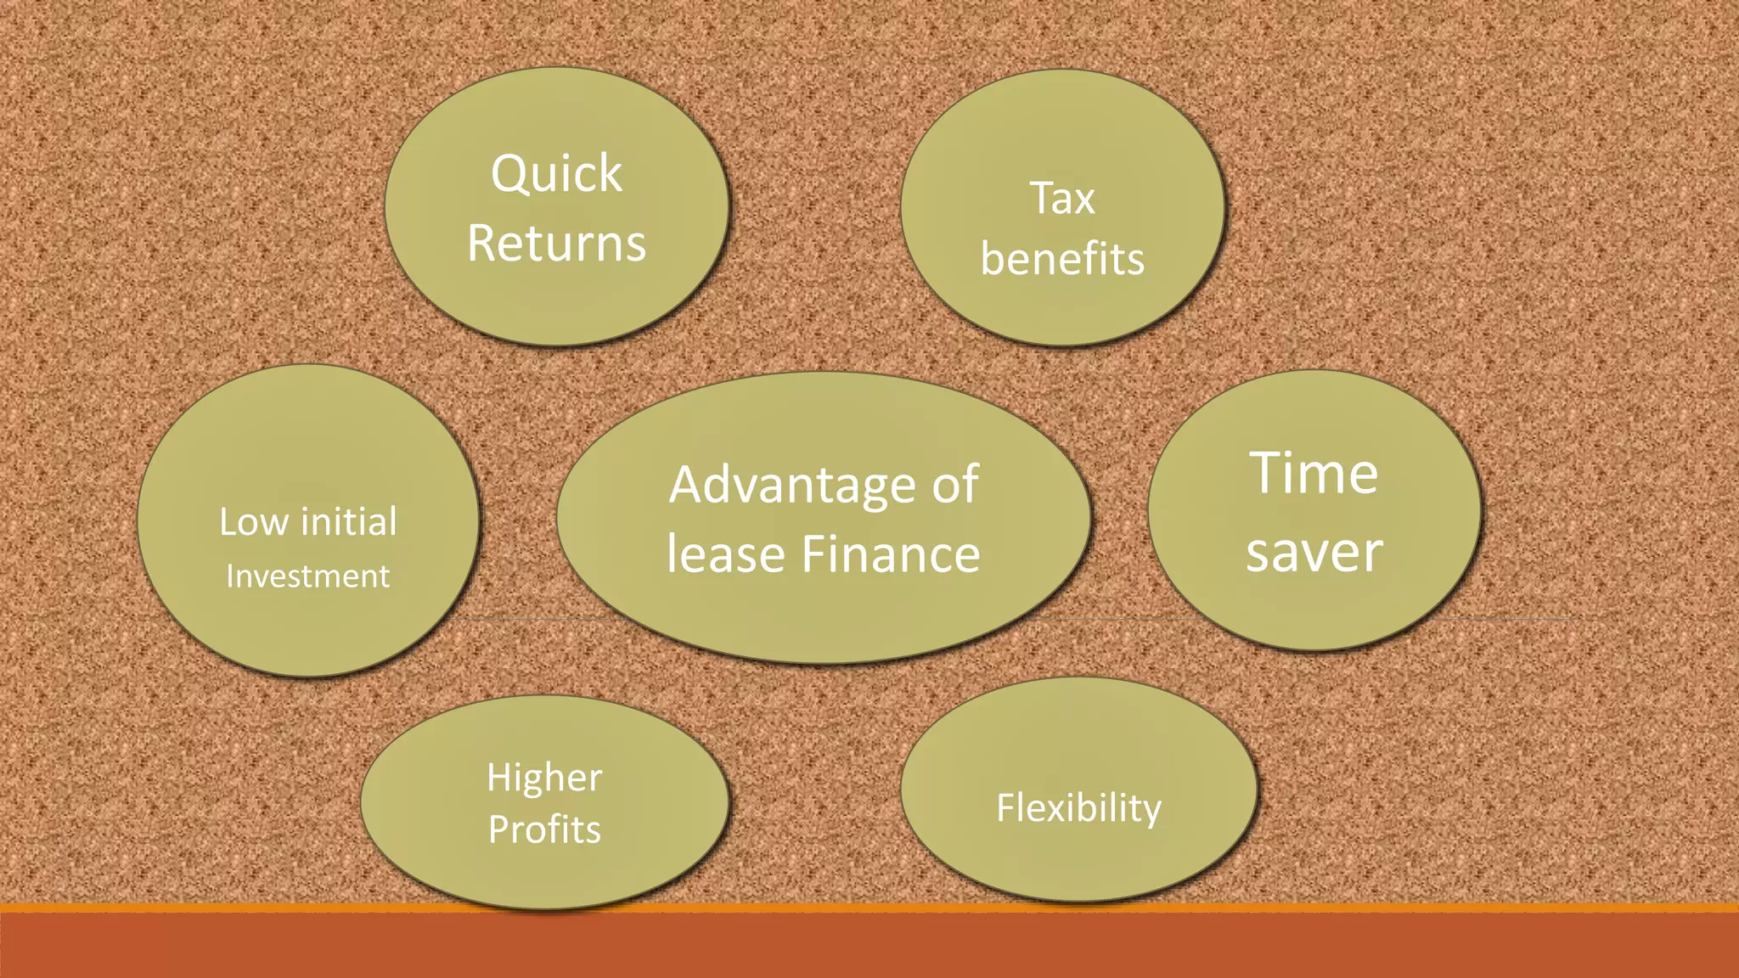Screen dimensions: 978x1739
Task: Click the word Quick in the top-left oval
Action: click(556, 175)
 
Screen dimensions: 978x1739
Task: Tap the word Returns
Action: click(556, 244)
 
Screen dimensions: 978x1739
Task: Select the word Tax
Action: click(1062, 199)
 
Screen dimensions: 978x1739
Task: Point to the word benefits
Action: click(1062, 259)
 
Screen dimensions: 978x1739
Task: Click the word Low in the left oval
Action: click(253, 522)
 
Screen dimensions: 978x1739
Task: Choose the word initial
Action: click(349, 521)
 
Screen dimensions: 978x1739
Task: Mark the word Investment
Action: click(307, 576)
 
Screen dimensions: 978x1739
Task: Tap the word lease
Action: click(725, 554)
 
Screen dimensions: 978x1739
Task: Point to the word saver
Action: click(1314, 552)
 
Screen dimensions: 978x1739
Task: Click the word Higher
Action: click(544, 778)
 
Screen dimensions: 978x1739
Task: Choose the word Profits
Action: click(544, 829)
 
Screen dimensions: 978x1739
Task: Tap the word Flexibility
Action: click(1078, 807)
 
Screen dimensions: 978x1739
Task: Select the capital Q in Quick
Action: click(509, 175)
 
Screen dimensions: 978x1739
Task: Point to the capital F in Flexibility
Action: click(1005, 807)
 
